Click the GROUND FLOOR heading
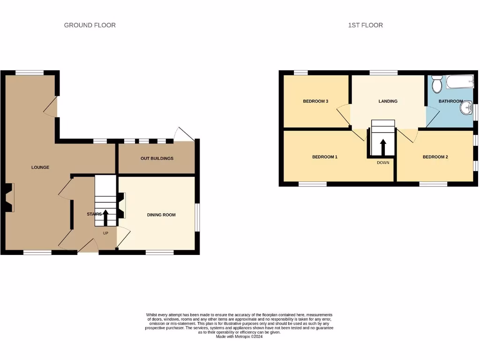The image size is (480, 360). click(90, 25)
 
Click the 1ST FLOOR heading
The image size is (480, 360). click(365, 25)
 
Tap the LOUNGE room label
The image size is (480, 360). click(40, 167)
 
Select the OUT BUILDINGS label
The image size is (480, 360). click(157, 158)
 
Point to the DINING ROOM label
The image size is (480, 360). click(161, 215)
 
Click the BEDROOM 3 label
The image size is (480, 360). click(315, 101)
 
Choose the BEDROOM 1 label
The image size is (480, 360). click(325, 157)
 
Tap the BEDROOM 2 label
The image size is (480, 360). click(435, 157)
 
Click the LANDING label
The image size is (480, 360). click(388, 101)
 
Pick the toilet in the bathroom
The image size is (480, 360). click(437, 85)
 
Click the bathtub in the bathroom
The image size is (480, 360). click(459, 83)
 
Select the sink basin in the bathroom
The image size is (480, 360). click(466, 108)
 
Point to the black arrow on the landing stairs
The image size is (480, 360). click(382, 147)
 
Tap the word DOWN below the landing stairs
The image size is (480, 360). click(382, 163)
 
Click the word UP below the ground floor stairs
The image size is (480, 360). click(105, 232)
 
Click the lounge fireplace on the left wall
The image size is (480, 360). click(9, 197)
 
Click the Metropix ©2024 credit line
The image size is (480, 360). click(239, 337)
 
